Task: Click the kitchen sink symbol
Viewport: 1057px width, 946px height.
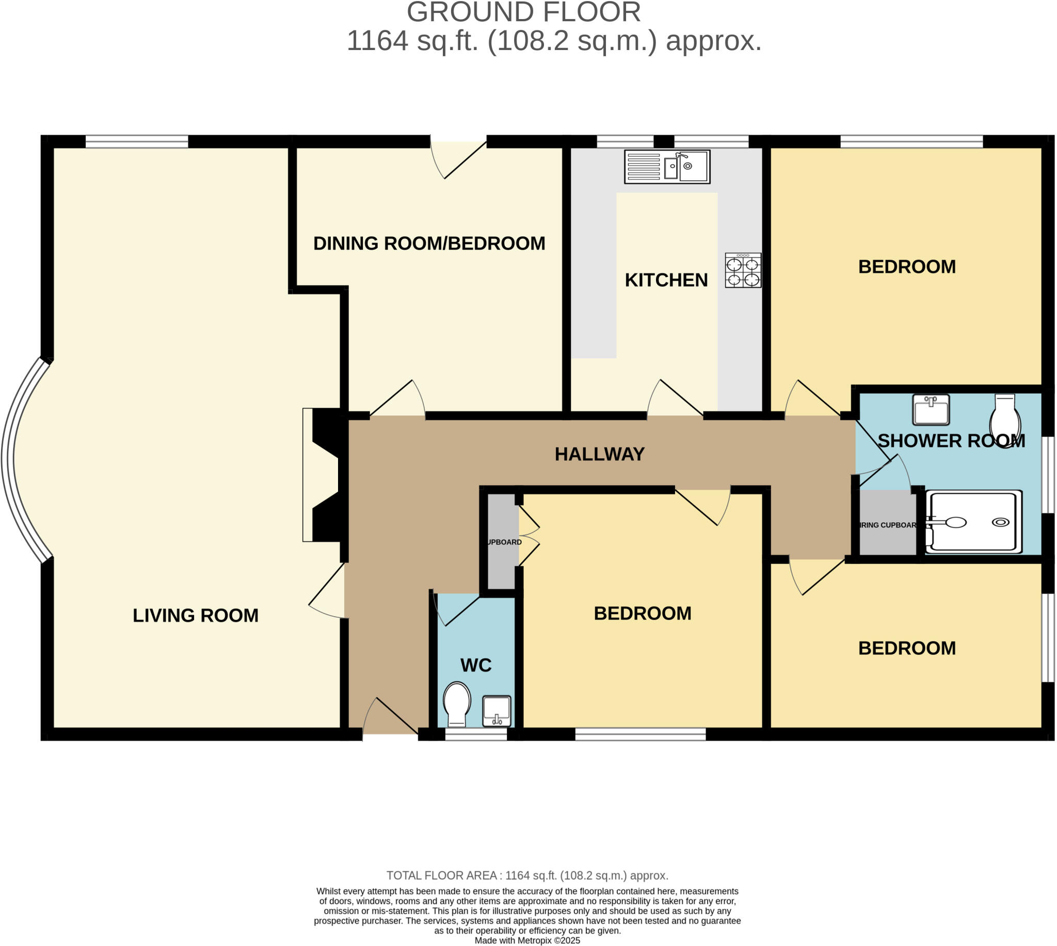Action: point(667,166)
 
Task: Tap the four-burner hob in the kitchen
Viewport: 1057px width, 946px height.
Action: point(743,270)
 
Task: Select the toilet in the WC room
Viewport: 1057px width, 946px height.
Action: point(457,704)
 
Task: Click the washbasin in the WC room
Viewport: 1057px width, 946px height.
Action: point(497,711)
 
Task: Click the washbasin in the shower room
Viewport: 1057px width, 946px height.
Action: point(931,409)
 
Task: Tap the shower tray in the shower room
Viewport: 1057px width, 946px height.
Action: point(973,522)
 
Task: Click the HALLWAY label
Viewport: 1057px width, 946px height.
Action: point(599,454)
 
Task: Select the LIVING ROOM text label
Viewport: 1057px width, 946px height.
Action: point(196,615)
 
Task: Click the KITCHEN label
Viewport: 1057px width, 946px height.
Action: point(666,280)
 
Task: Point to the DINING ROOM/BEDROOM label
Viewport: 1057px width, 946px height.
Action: point(429,243)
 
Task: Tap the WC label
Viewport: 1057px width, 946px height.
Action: point(475,665)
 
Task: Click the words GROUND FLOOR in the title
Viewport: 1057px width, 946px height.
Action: point(523,12)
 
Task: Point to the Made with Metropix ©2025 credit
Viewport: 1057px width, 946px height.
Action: point(527,940)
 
